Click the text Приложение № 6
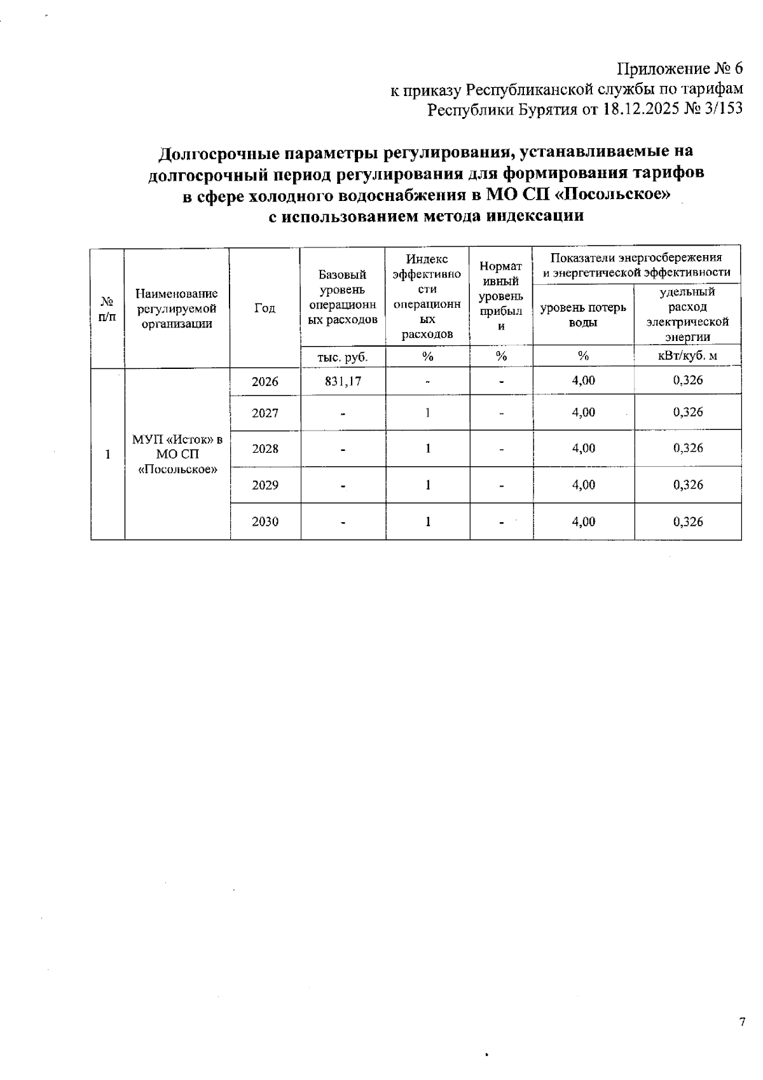pyautogui.click(x=680, y=69)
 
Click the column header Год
pyautogui.click(x=265, y=308)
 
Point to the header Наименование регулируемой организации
pyautogui.click(x=177, y=308)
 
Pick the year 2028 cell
pyautogui.click(x=265, y=448)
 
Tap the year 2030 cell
pyautogui.click(x=265, y=522)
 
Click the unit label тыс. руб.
pyautogui.click(x=343, y=357)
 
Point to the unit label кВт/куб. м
pyautogui.click(x=687, y=356)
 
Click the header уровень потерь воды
pyautogui.click(x=583, y=314)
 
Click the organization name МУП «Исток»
pyautogui.click(x=177, y=440)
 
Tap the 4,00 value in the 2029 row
pyautogui.click(x=584, y=485)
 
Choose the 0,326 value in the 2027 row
pyautogui.click(x=688, y=412)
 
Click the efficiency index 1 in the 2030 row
pyautogui.click(x=428, y=522)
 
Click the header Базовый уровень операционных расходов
pyautogui.click(x=343, y=297)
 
